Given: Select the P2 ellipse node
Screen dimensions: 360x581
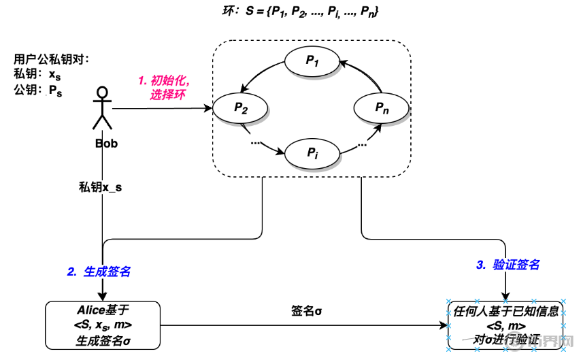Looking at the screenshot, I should coord(240,108).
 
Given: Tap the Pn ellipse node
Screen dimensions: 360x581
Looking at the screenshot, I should coord(381,108).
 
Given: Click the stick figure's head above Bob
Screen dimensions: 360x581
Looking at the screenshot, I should coord(103,92).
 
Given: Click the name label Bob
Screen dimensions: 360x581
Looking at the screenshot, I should coord(105,144).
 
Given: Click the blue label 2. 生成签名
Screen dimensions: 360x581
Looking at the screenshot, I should coord(98,271).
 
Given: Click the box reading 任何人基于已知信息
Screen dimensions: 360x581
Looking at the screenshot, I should coord(506,325).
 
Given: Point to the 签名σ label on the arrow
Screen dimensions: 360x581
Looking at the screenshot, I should coord(305,311).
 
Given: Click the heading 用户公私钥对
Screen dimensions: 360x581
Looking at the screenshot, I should coord(52,59).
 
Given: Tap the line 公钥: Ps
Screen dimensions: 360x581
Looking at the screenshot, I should coord(38,91).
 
